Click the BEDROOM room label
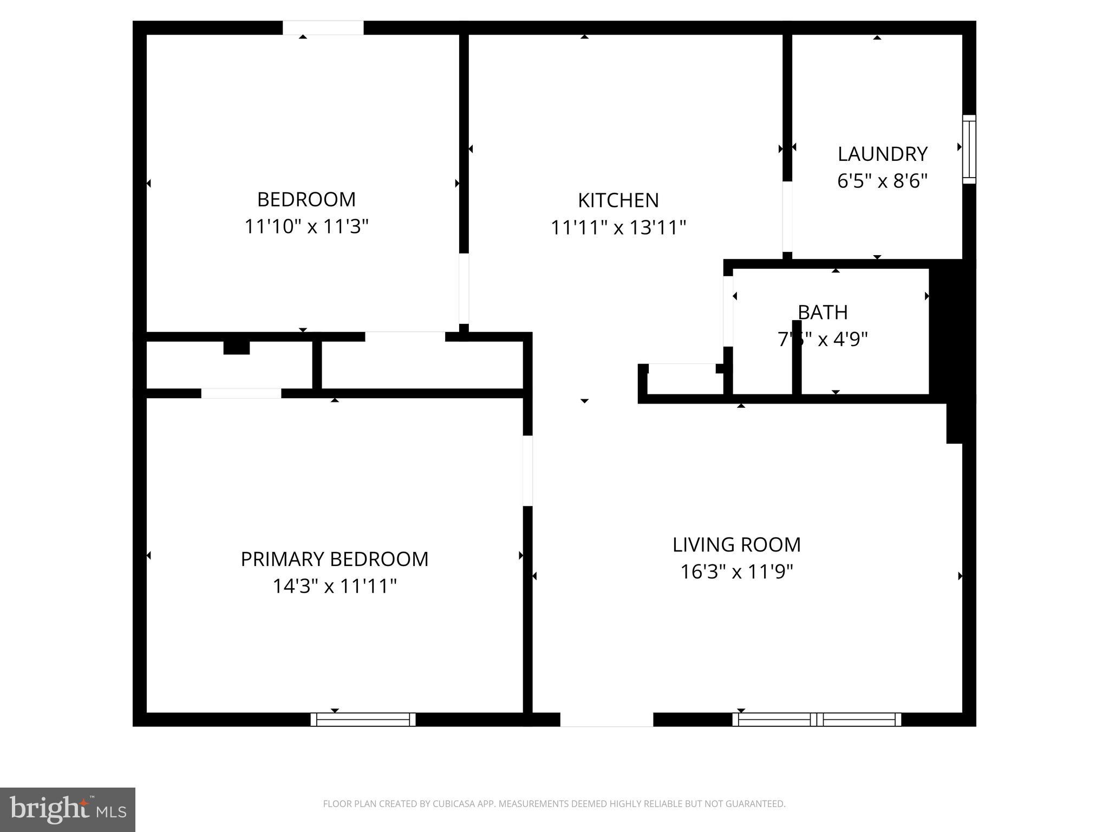click(x=306, y=199)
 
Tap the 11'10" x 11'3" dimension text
click(x=306, y=226)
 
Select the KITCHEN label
click(x=618, y=200)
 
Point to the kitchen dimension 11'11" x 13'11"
click(x=618, y=227)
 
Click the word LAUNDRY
click(x=882, y=154)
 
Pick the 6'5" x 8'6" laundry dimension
click(x=882, y=181)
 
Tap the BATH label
click(x=823, y=313)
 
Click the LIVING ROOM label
click(x=736, y=545)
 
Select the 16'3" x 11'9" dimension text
click(x=736, y=571)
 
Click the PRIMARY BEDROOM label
click(x=334, y=559)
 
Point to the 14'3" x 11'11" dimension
click(x=334, y=586)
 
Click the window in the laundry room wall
click(x=969, y=149)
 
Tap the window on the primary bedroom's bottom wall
click(x=363, y=719)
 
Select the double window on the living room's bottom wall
click(x=817, y=719)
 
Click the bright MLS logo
click(x=67, y=809)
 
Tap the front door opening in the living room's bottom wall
click(x=606, y=719)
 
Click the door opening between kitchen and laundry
click(x=787, y=217)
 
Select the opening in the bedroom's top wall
click(x=323, y=28)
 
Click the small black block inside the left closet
click(x=237, y=347)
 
